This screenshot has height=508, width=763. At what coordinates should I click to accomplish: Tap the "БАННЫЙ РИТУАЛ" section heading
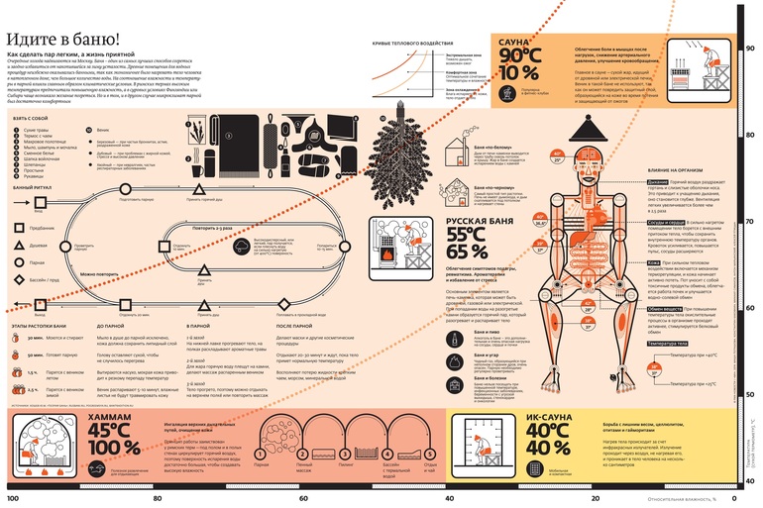coord(33,186)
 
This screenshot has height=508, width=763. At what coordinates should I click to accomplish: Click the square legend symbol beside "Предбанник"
coord(20,228)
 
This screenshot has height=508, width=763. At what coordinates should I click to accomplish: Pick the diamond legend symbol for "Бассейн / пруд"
coord(20,281)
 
